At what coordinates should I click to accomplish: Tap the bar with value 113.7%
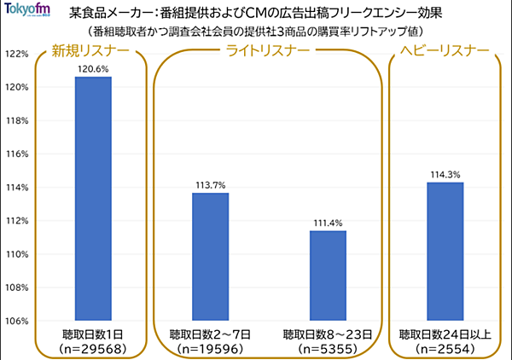coord(210,257)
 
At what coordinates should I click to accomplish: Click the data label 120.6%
coord(92,68)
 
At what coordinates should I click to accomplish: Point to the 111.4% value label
coord(328,223)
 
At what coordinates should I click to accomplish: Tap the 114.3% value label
coord(445,174)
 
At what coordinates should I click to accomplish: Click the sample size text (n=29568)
coord(92,349)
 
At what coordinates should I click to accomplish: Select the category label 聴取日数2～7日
coord(210,334)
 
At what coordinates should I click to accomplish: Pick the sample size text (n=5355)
coord(328,349)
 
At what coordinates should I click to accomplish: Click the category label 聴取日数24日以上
coord(445,334)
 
